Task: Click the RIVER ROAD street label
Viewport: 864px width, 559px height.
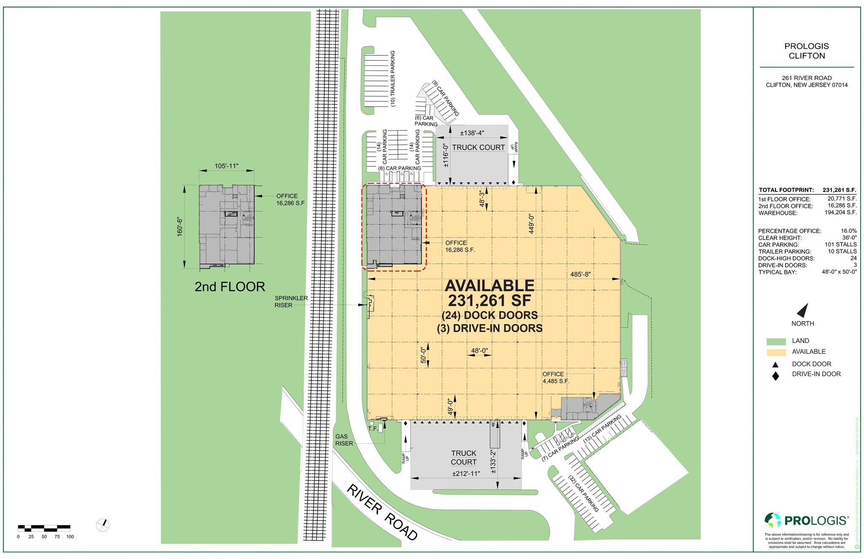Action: (382, 512)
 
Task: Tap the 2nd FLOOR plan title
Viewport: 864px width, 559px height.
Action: (229, 287)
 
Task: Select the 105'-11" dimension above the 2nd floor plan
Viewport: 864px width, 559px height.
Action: (227, 166)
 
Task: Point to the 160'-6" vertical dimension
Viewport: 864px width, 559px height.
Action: (180, 227)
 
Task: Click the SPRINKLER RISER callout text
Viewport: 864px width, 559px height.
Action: (291, 302)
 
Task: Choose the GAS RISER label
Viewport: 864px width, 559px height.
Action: (344, 440)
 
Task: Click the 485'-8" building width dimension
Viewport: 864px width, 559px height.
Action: (580, 274)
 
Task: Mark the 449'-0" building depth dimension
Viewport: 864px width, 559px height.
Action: (532, 224)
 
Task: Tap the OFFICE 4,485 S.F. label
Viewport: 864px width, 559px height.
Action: (556, 378)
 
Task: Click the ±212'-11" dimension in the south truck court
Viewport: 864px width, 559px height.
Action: (466, 473)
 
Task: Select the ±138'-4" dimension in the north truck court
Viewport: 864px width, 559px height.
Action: (472, 133)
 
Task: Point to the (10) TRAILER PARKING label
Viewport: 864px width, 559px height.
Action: (393, 78)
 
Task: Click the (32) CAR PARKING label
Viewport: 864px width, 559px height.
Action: (584, 494)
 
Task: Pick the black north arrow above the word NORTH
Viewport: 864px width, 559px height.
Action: (802, 310)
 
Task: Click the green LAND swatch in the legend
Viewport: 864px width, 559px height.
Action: (776, 341)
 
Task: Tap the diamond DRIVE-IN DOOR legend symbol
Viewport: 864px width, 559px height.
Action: (775, 376)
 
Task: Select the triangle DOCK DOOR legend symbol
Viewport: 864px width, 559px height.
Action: (775, 365)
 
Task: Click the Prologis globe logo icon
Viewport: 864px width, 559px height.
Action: (773, 520)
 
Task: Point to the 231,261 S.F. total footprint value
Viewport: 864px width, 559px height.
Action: (839, 190)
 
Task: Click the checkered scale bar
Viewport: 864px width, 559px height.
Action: (44, 527)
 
